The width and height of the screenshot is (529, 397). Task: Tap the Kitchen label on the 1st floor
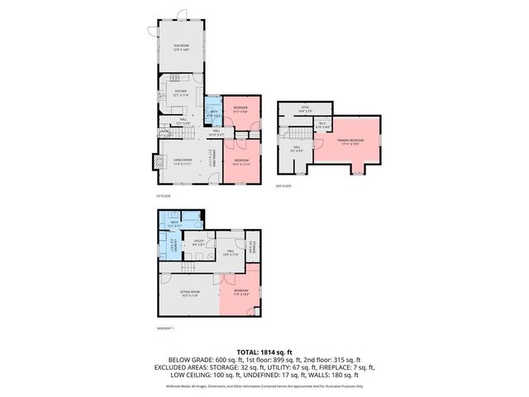(x=181, y=94)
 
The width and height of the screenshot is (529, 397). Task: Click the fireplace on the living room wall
(x=153, y=162)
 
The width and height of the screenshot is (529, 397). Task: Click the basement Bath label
(x=175, y=223)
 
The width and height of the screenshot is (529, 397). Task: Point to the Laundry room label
(x=171, y=246)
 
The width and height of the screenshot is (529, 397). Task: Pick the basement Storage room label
(x=252, y=246)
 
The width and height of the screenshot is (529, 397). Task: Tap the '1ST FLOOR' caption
(x=162, y=196)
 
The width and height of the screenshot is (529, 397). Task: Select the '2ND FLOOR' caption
(x=284, y=187)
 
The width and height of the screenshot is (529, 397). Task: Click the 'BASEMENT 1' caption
(x=166, y=329)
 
